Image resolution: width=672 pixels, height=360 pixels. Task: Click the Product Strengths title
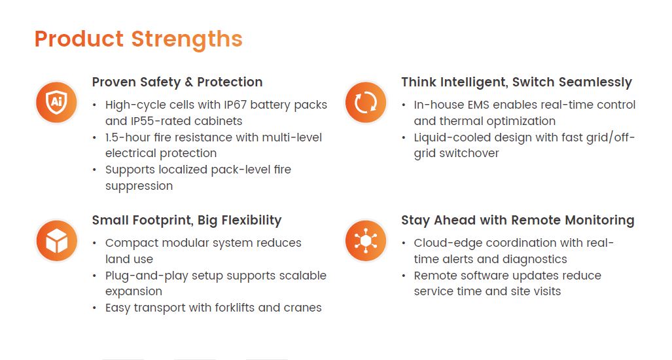[139, 39]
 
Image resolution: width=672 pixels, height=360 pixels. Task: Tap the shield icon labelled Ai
[56, 102]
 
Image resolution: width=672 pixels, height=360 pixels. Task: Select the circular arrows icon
[366, 102]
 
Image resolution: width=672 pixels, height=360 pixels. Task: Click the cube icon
[56, 240]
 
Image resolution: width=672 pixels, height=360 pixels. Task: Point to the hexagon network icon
[366, 240]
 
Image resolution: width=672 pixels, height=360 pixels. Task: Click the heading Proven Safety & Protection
[177, 82]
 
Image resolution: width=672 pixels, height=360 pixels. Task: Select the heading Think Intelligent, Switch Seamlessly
[516, 82]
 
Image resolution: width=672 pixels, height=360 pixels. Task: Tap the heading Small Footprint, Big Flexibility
[187, 221]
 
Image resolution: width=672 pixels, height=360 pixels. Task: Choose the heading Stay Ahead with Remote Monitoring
[518, 221]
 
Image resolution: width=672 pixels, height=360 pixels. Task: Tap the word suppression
[139, 187]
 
